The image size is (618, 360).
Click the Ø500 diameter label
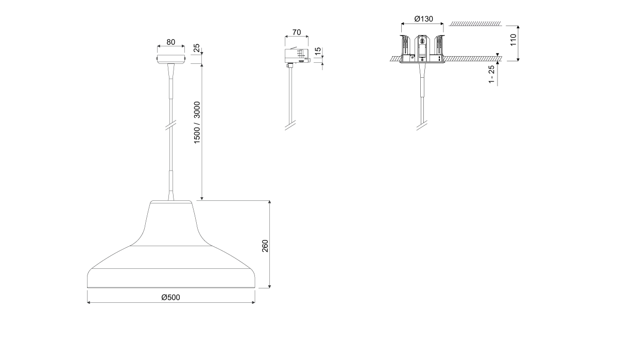170,297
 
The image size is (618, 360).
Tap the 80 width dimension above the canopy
170,42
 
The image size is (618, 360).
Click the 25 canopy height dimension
196,48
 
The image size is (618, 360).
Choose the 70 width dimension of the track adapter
296,32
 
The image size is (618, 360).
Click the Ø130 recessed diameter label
423,19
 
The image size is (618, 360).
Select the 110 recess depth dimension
513,40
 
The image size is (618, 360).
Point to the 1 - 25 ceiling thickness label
491,74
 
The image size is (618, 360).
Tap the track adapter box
296,56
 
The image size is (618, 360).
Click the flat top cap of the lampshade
171,202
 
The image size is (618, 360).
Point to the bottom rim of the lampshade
171,286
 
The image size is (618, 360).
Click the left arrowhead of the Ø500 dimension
89,303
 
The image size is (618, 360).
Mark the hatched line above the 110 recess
475,24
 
